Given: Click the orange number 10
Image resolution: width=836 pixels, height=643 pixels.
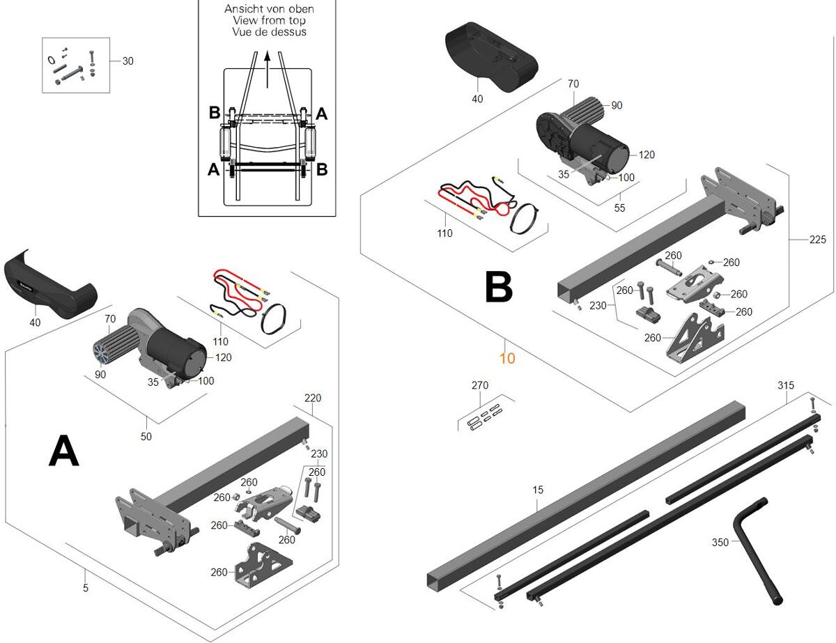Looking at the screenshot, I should pos(507,358).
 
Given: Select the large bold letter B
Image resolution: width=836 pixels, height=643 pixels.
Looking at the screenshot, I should pos(498,287).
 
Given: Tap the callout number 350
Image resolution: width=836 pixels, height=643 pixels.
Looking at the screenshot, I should pos(721,542).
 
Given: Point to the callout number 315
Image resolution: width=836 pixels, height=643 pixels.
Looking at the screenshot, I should pos(786,386).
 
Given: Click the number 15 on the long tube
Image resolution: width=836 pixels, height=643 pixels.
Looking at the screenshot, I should pos(538,490).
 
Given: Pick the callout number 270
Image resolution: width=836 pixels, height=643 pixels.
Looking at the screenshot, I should pos(480,385).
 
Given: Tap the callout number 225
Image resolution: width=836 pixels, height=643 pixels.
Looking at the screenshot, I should pos(818,240).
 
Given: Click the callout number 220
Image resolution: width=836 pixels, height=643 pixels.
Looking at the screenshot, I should pos(313,398).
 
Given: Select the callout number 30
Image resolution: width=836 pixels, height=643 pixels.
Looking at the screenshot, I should pos(128,61).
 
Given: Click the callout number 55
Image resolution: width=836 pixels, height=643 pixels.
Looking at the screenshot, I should pos(619,208).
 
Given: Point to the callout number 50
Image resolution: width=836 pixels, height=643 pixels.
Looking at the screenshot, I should pos(146,437).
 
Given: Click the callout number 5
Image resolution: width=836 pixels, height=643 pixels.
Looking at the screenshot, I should pos(86,589).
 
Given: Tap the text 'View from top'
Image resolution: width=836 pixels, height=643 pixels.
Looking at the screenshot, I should pos(269,21).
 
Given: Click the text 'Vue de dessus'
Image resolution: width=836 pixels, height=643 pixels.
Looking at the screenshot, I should pos(269,32).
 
